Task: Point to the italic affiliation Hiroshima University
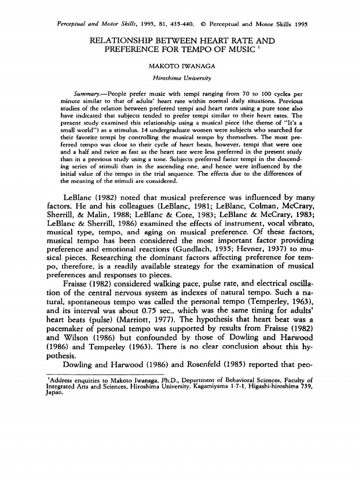click(x=180, y=77)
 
